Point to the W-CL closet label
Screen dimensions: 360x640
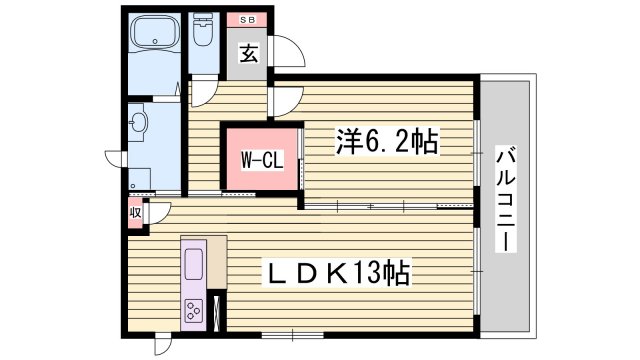(260, 158)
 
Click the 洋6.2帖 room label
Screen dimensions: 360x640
(385, 143)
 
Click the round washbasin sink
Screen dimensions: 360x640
(140, 124)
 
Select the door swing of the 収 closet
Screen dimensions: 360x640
(158, 213)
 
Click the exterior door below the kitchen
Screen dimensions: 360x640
(161, 344)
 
